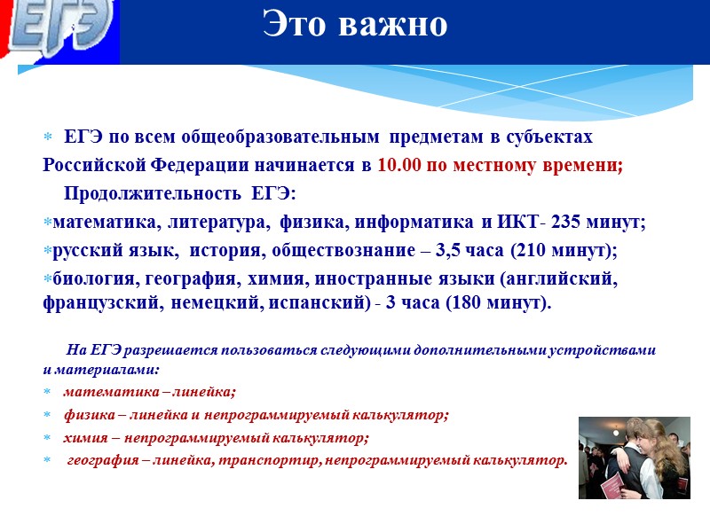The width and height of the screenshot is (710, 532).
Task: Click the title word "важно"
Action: pos(394,26)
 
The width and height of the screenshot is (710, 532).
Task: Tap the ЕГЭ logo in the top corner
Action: pos(59,30)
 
